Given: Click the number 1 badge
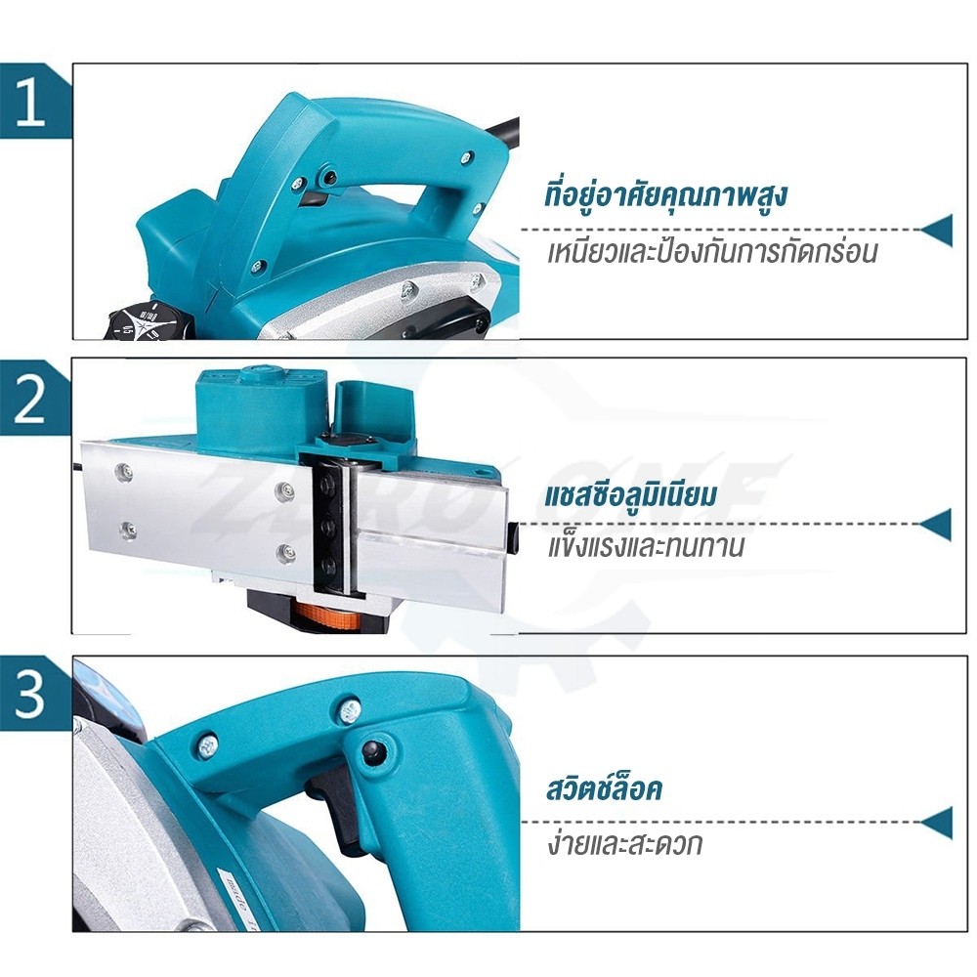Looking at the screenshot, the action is click(30, 102).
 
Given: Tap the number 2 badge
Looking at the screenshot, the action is click(30, 398).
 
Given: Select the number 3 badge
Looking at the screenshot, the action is click(30, 693).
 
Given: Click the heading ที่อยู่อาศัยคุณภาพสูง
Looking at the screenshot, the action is click(665, 195).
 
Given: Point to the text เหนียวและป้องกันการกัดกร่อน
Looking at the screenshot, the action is click(712, 251).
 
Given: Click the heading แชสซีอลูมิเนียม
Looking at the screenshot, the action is click(630, 494).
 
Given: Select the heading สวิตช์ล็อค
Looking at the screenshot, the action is click(603, 787).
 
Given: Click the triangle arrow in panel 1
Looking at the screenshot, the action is click(938, 230).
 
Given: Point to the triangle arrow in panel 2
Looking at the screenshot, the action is click(937, 525).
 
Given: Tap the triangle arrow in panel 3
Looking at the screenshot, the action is click(938, 823).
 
